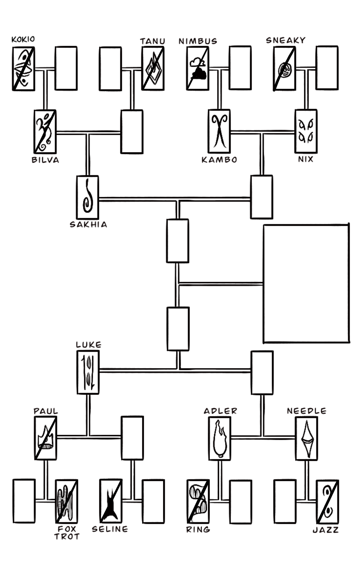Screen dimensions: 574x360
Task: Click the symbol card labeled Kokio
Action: pos(23,69)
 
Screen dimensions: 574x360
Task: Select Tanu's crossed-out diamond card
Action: pos(153,69)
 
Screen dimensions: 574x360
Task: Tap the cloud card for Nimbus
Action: pos(198,69)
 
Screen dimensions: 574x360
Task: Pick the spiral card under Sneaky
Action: pos(285,69)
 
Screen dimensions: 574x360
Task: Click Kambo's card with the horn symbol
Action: pos(219,132)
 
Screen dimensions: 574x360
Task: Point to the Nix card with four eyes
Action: pos(306,132)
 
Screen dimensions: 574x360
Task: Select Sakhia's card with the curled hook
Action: pos(87,197)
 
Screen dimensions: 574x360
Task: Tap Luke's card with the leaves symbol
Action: pos(88,372)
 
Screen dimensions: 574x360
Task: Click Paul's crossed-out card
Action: pos(46,438)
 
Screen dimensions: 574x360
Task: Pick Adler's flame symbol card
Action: pos(219,439)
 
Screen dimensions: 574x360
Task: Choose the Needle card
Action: pos(306,439)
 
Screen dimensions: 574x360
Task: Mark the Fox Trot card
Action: pos(67,501)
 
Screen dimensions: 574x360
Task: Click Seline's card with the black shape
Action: pos(111,501)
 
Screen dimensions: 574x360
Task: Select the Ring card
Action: pos(198,501)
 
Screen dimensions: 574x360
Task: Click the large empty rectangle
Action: pos(306,284)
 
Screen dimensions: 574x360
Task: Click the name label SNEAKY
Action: pos(286,40)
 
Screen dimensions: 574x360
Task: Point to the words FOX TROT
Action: pos(67,533)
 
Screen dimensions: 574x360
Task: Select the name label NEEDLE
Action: pos(306,411)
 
